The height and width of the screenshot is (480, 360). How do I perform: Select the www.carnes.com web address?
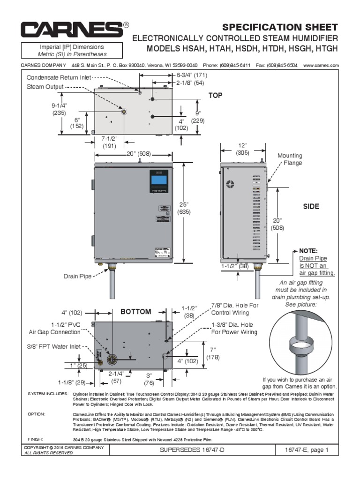coord(321,65)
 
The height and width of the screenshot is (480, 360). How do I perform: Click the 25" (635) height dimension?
coord(183,208)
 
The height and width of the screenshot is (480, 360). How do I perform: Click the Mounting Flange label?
coord(290,159)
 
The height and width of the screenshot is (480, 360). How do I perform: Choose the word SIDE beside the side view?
coord(311,207)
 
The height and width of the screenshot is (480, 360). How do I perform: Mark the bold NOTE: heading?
coord(308,251)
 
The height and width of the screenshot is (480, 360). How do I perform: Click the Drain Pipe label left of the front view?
coord(77,277)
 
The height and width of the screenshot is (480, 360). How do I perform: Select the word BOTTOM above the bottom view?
coord(135,312)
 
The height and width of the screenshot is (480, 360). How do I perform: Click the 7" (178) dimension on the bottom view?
coord(212,353)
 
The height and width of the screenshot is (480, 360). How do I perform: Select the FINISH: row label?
coord(35,439)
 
